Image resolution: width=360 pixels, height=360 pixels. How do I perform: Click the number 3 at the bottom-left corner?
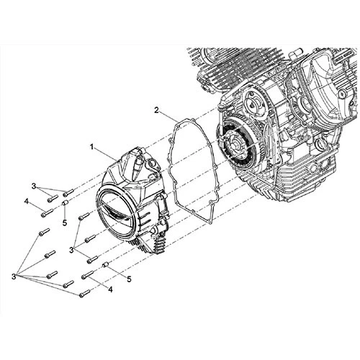click(14, 275)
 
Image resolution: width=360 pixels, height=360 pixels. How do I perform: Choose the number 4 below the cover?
click(109, 290)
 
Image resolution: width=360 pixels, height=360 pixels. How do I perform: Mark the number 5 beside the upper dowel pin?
click(64, 223)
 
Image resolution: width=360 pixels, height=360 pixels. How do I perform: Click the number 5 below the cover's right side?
click(129, 278)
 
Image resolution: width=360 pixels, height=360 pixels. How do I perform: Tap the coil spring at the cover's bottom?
click(159, 249)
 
